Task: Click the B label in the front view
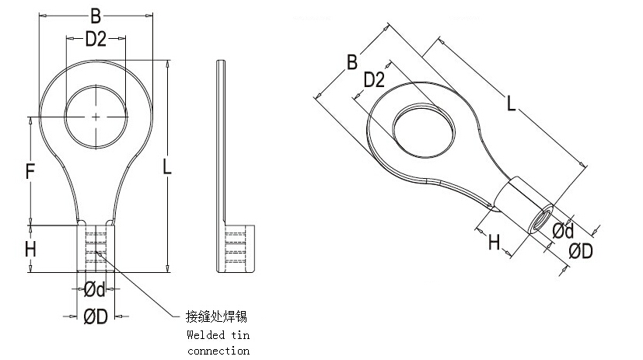(x=96, y=15)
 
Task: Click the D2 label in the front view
(x=96, y=40)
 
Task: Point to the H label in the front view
(x=30, y=250)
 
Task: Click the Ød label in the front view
(x=95, y=289)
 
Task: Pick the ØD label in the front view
(x=95, y=316)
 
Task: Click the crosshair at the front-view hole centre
(x=95, y=117)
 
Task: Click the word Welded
(x=204, y=335)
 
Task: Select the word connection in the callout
(x=218, y=351)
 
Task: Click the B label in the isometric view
(x=351, y=61)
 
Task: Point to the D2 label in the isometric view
(x=374, y=81)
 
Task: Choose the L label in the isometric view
(x=511, y=103)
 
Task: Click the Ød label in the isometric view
(x=562, y=231)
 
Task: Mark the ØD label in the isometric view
(x=581, y=251)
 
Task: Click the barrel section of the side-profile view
(x=233, y=249)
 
